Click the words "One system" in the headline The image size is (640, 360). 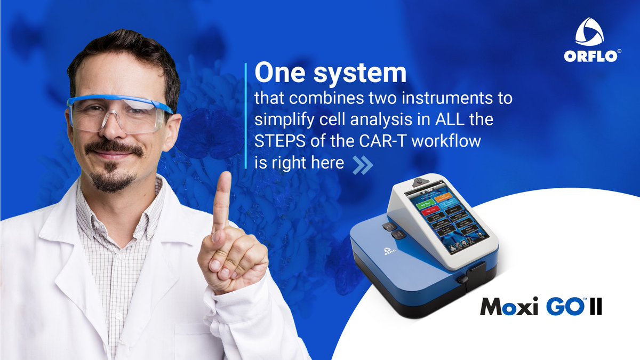(330, 74)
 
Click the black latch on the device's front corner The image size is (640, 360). (462, 280)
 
